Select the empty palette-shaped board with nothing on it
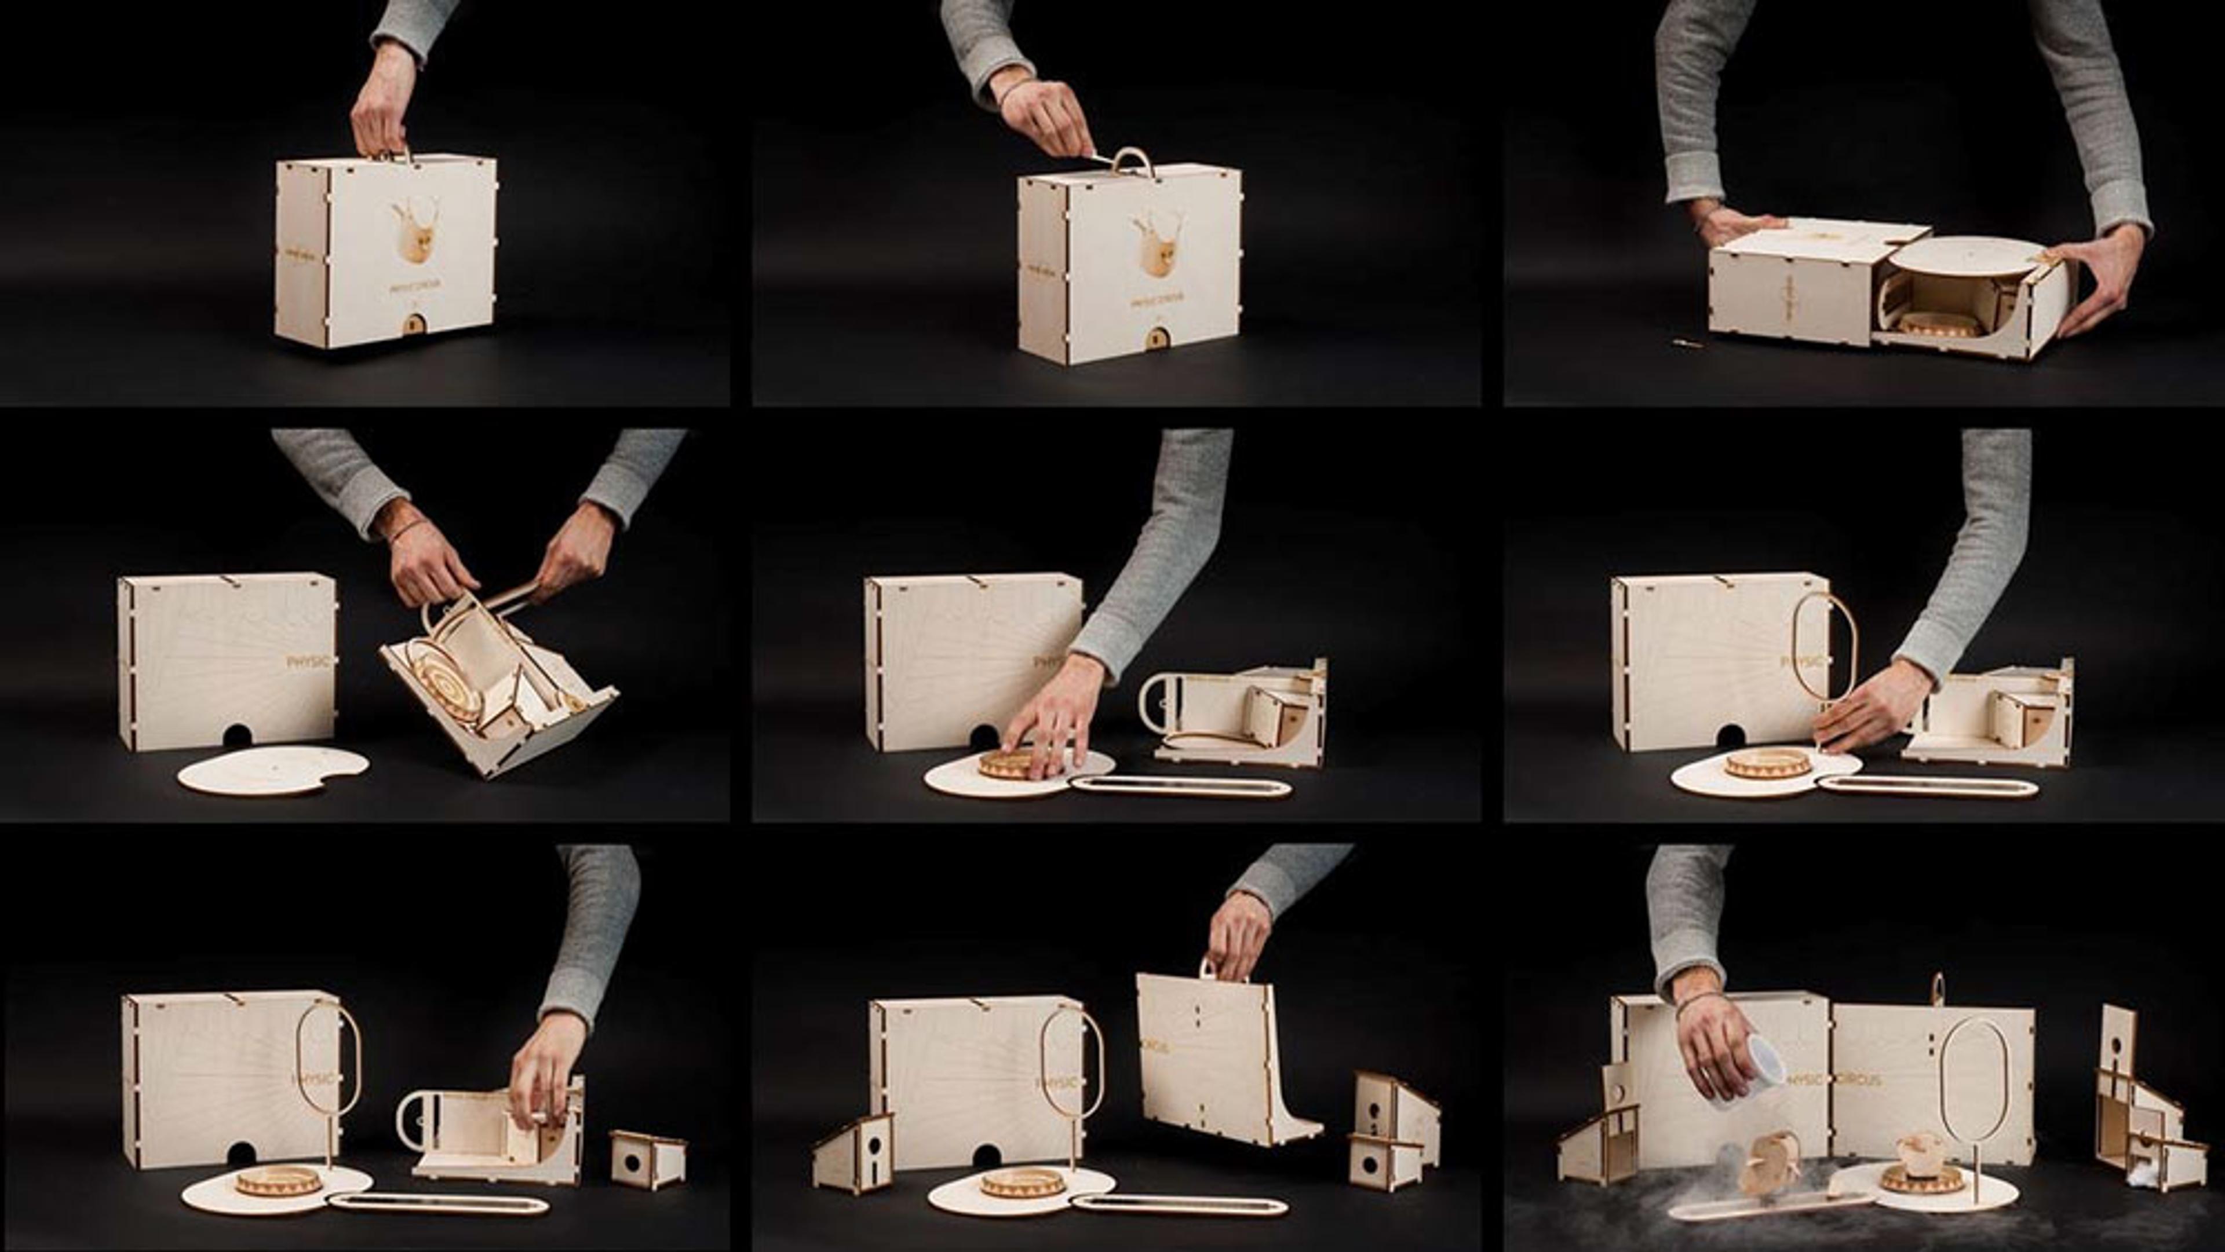[x=273, y=770]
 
